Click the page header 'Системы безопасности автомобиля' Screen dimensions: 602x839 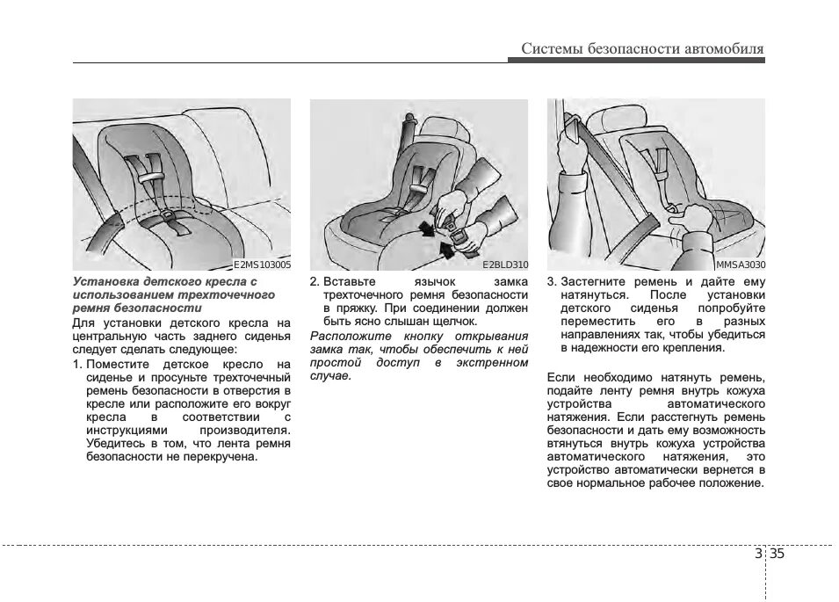(642, 48)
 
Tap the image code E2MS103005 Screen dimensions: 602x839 (262, 264)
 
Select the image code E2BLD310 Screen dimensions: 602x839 (505, 264)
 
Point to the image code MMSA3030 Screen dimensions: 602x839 (740, 264)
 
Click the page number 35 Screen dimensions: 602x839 (778, 554)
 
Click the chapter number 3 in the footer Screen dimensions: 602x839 (758, 554)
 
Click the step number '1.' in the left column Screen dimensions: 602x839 (77, 364)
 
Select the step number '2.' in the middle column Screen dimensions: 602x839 (315, 281)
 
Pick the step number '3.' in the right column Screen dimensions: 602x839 (552, 281)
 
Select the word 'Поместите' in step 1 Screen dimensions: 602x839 (119, 364)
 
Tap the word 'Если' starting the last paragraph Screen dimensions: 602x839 (561, 377)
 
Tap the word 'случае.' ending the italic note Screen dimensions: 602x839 (330, 376)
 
